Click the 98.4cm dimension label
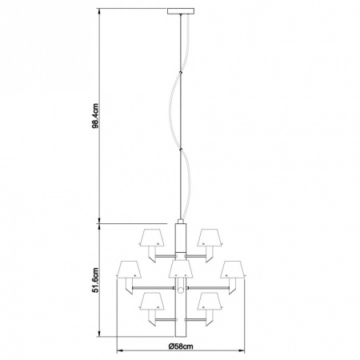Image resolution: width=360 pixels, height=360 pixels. pyautogui.click(x=95, y=116)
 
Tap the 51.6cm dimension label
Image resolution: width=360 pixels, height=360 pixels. pyautogui.click(x=95, y=280)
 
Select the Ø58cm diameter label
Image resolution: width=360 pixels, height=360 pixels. pyautogui.click(x=181, y=346)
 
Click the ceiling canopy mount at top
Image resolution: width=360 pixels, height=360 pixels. pyautogui.click(x=181, y=11)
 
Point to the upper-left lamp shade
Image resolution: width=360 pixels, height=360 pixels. pyautogui.click(x=152, y=237)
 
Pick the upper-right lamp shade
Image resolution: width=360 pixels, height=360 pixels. pyautogui.click(x=210, y=237)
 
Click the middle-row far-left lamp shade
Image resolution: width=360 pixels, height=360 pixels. pyautogui.click(x=129, y=270)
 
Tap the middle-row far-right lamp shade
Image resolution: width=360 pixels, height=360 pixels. pyautogui.click(x=233, y=270)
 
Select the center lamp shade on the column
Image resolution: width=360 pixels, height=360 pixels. pyautogui.click(x=181, y=269)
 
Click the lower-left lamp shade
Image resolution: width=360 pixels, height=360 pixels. pyautogui.click(x=152, y=301)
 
